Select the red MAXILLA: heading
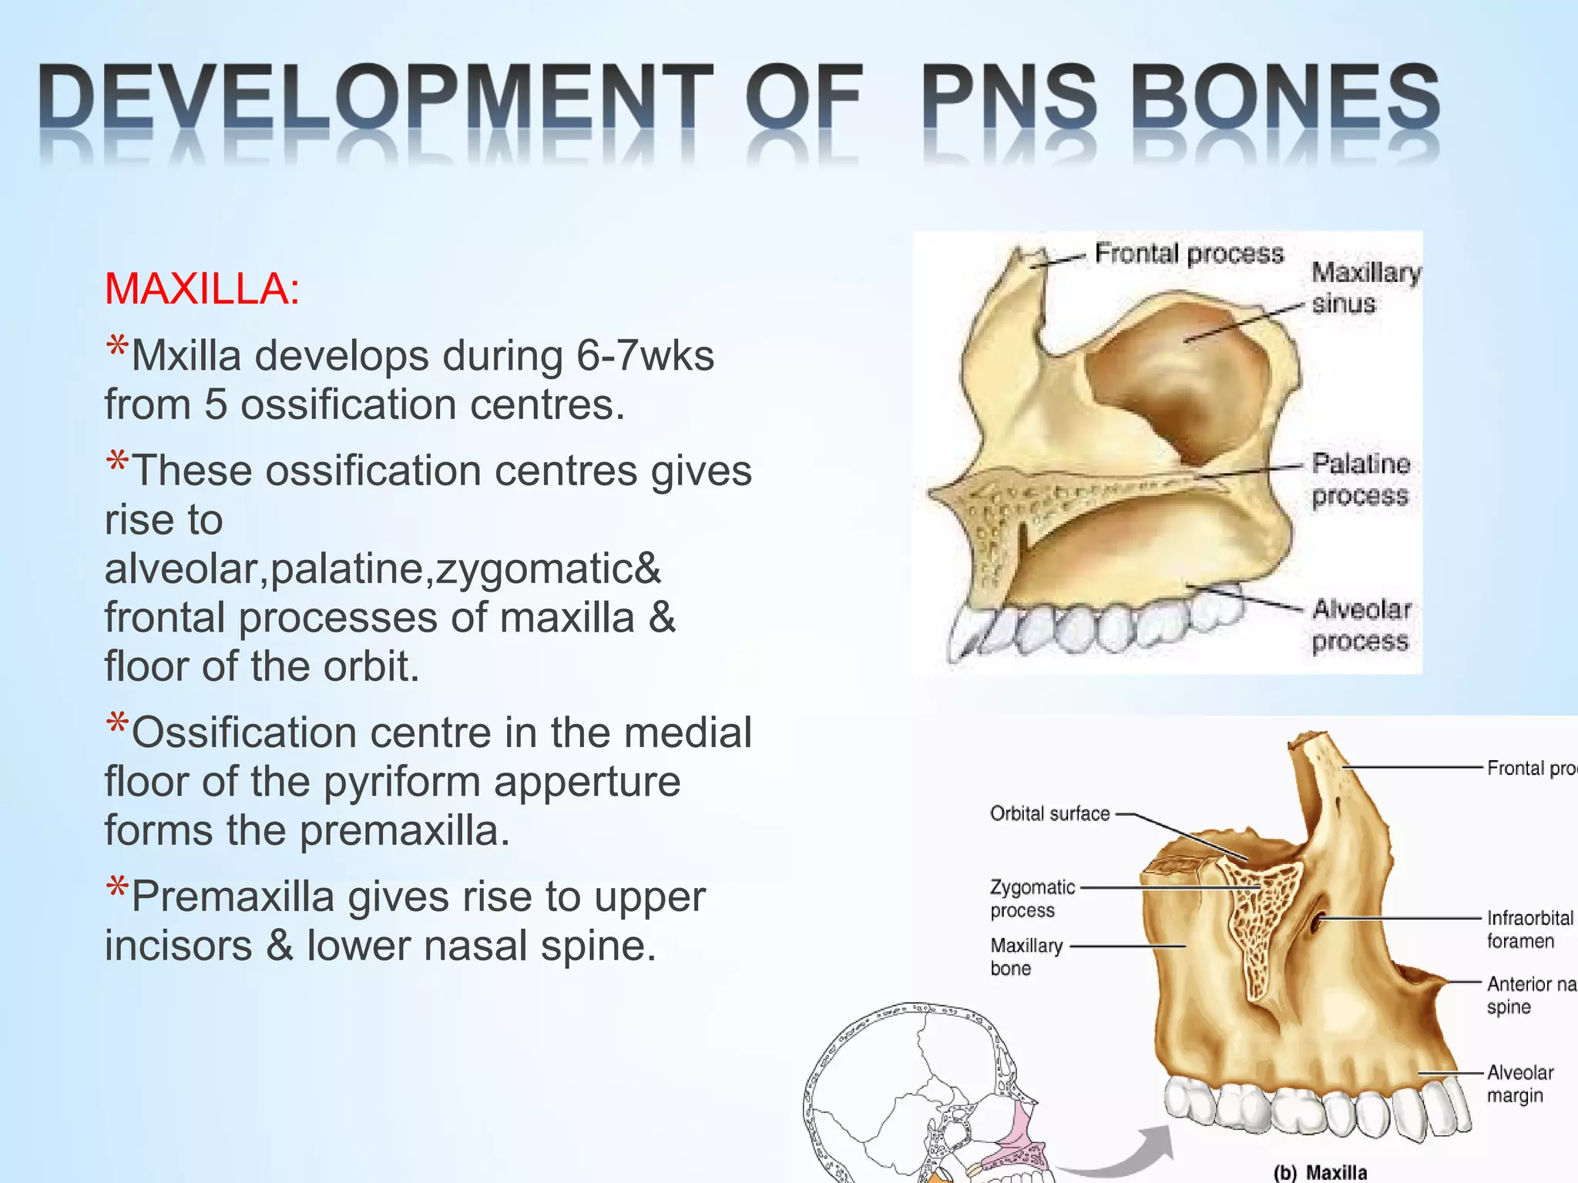(202, 290)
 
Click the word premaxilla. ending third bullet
(405, 830)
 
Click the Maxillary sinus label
(1365, 287)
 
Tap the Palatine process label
(1361, 479)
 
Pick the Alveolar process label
(1361, 625)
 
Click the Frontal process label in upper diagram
(1189, 253)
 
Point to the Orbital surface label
(1049, 813)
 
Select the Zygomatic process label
(1032, 898)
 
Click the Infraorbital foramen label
(1529, 929)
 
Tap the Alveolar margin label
(1519, 1083)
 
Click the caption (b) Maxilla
(1320, 1171)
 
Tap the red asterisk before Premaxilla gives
(117, 888)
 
